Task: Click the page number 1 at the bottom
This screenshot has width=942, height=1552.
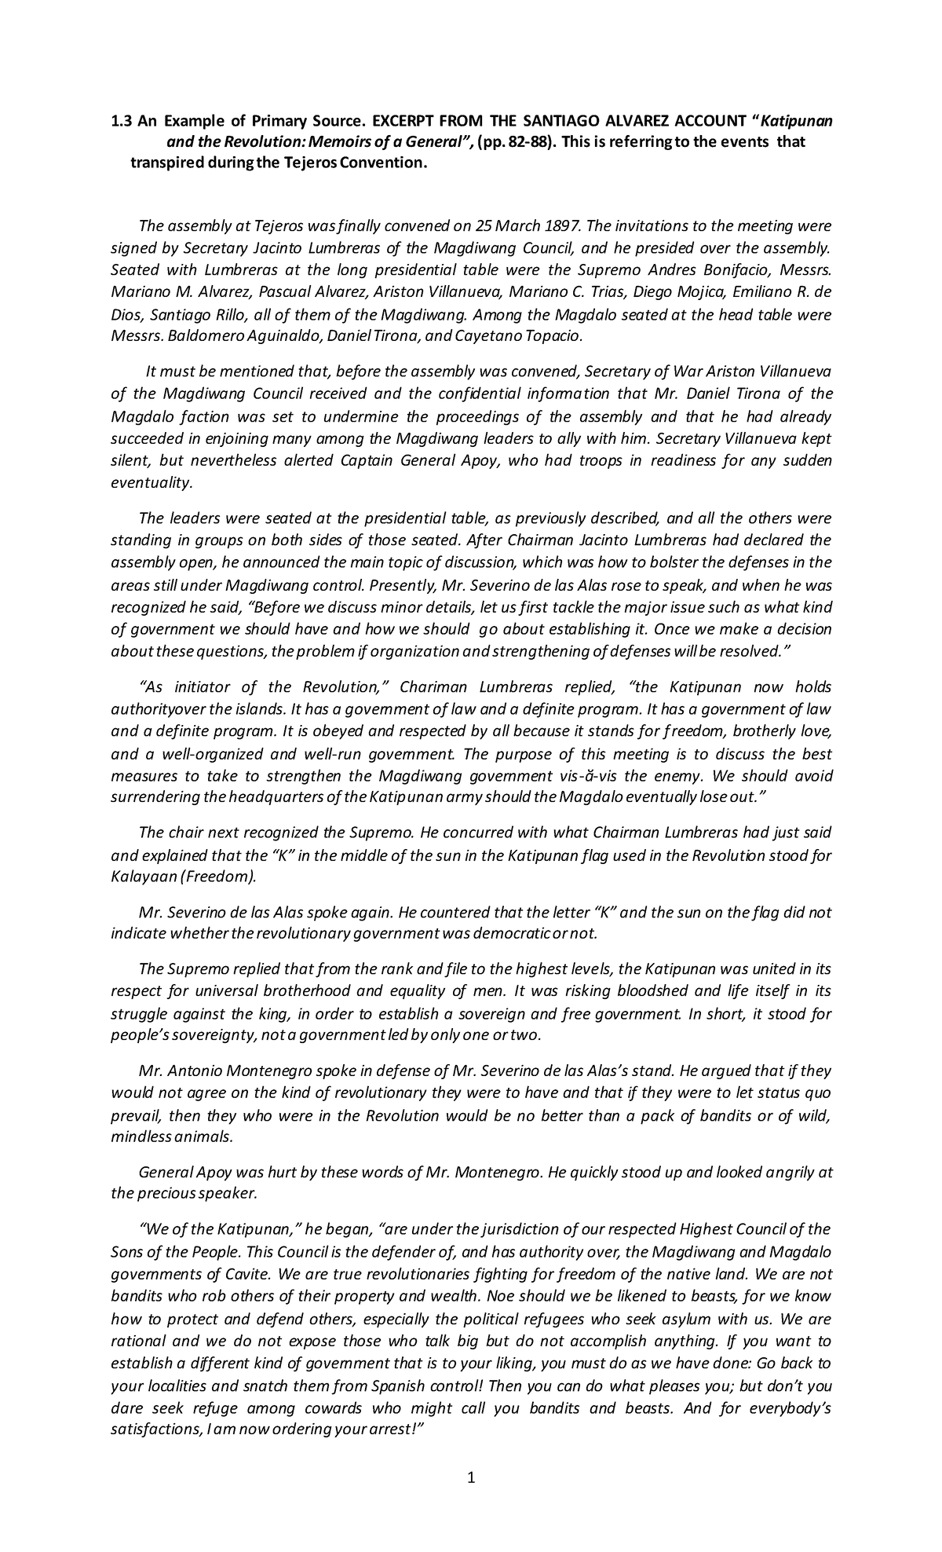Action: point(471,1479)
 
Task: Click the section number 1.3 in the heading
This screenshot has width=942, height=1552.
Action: point(120,121)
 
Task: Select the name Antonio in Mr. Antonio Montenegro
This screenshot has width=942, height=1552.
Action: point(194,1071)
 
